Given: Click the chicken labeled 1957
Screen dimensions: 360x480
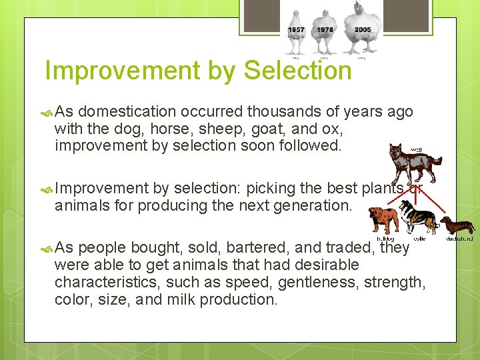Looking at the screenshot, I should (296, 30).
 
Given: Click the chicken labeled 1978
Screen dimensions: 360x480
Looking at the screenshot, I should (325, 30).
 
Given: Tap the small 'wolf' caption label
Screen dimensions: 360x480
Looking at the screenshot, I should (416, 149).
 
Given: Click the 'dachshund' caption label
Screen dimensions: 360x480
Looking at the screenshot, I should (461, 238).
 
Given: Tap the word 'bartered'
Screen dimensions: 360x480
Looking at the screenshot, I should (255, 248).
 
